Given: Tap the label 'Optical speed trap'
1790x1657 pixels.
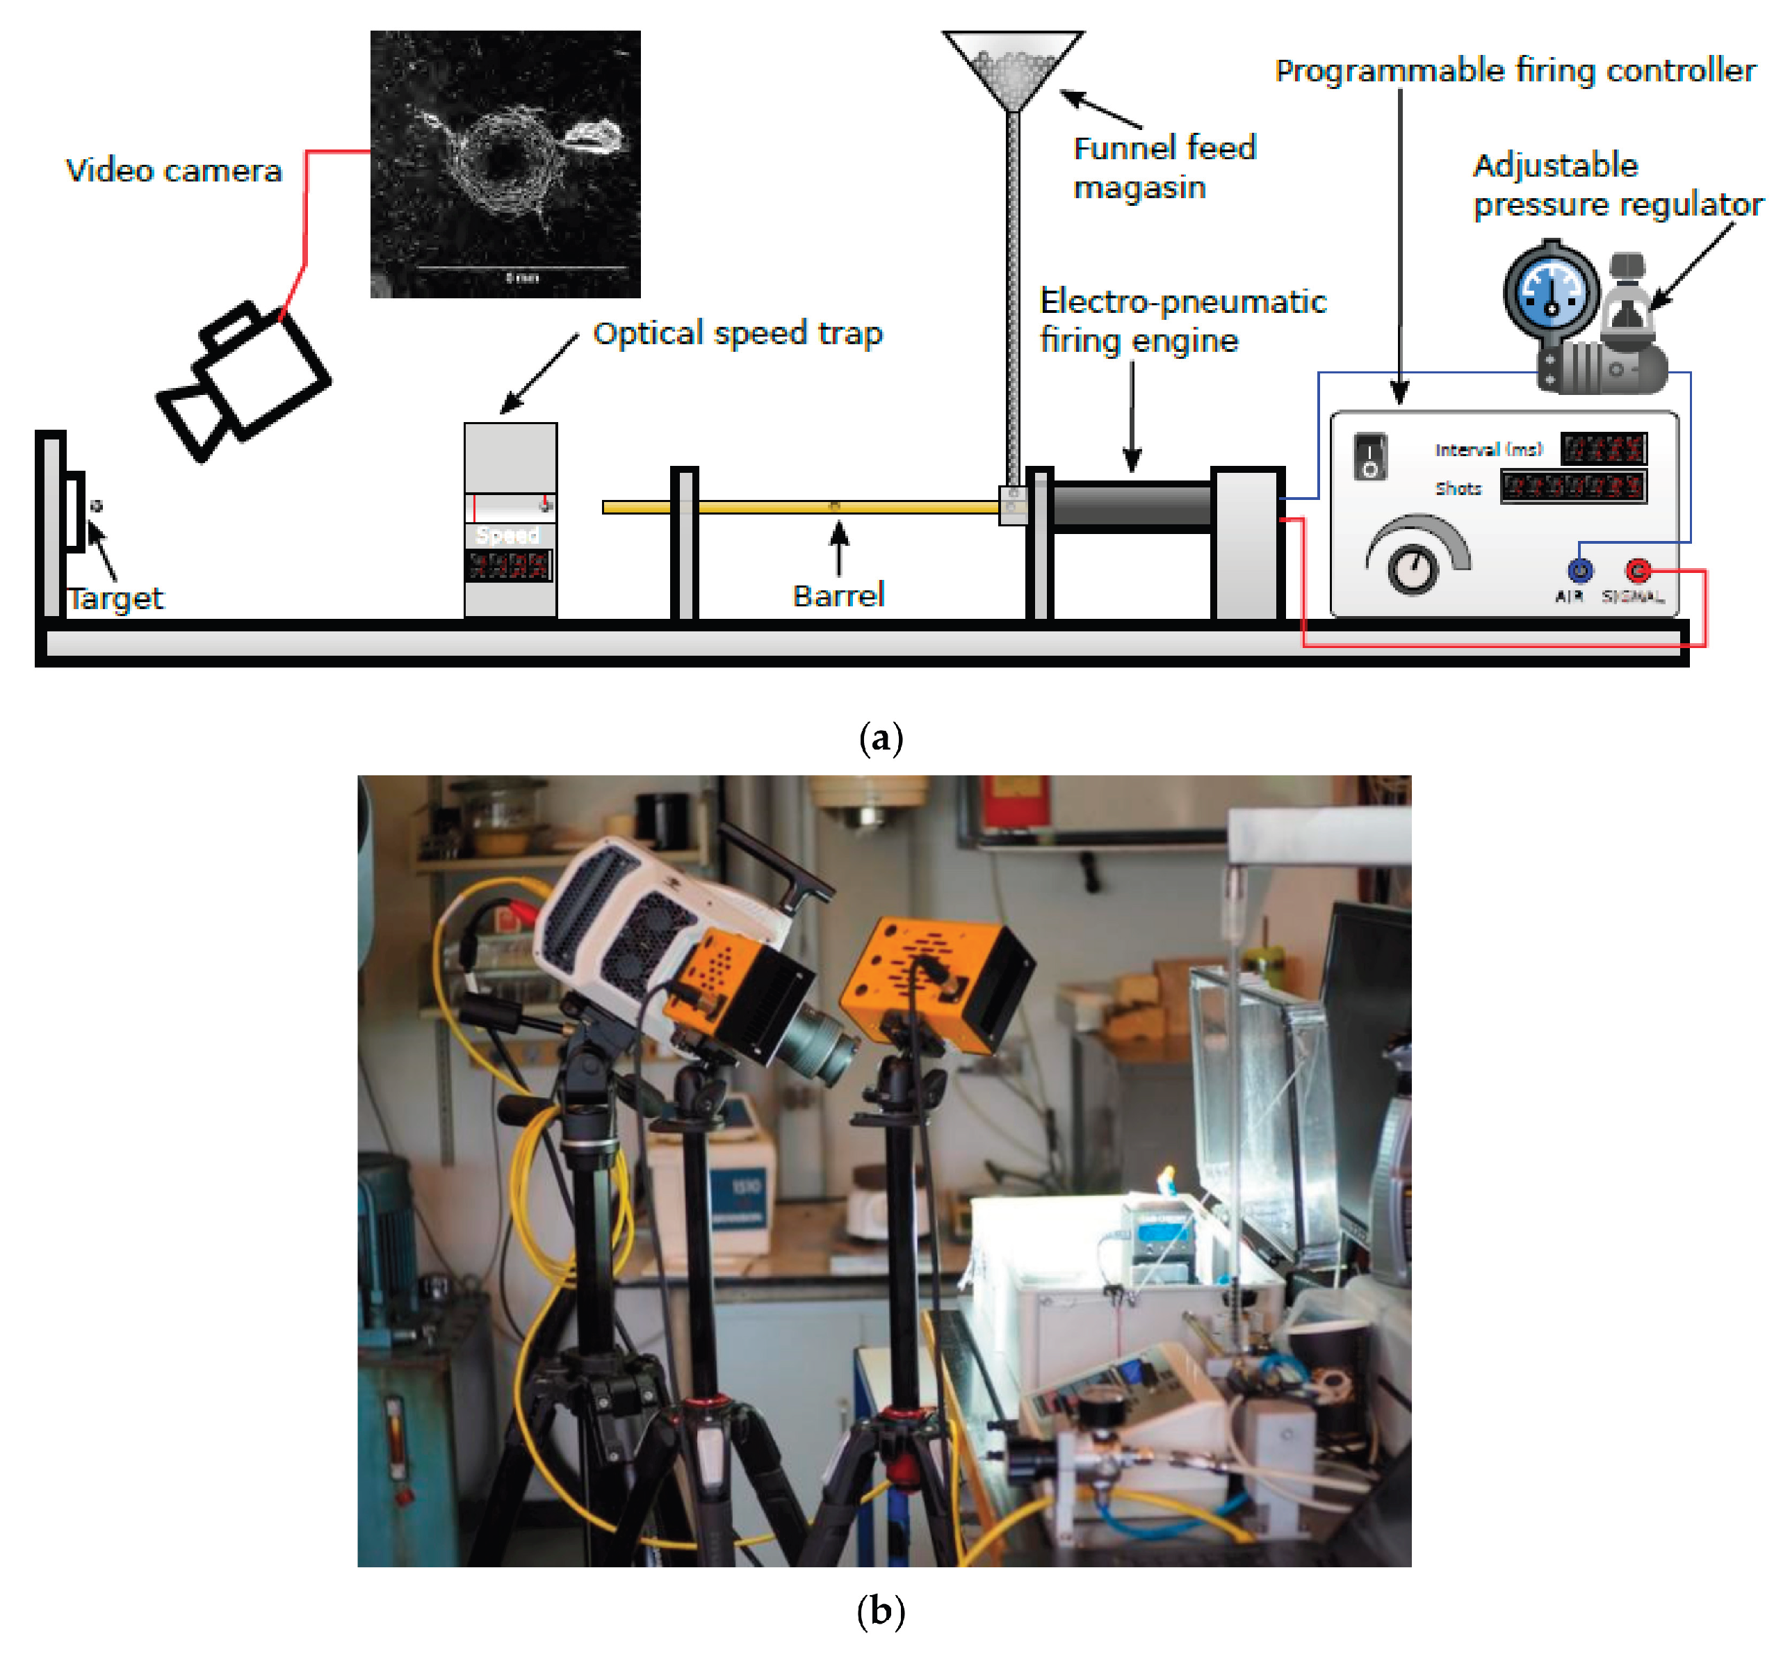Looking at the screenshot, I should [x=737, y=334].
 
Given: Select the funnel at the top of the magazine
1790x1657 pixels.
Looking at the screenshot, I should [x=1013, y=68].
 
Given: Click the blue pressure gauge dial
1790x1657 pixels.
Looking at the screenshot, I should [x=1551, y=291].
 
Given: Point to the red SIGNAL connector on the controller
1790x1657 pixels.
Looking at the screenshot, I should [x=1638, y=569].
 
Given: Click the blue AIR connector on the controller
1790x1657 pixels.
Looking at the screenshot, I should [x=1579, y=569].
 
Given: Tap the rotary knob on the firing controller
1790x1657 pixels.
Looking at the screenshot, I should [x=1413, y=567].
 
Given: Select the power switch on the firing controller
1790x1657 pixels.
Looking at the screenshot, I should [x=1369, y=455].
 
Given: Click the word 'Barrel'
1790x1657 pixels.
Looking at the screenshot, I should [x=838, y=595].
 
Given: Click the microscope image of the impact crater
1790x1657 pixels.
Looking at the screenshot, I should [x=505, y=164].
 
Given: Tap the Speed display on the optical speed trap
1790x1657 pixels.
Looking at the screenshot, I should [x=508, y=565].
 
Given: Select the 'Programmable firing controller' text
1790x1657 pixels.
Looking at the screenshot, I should [x=1515, y=70].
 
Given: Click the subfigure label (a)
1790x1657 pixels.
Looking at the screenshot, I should [x=880, y=738].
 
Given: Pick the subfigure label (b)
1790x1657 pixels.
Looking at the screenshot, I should [x=880, y=1611].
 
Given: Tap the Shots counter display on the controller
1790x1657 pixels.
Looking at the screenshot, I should [x=1573, y=487].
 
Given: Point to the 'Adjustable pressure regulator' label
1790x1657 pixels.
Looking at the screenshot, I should [x=1617, y=185].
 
